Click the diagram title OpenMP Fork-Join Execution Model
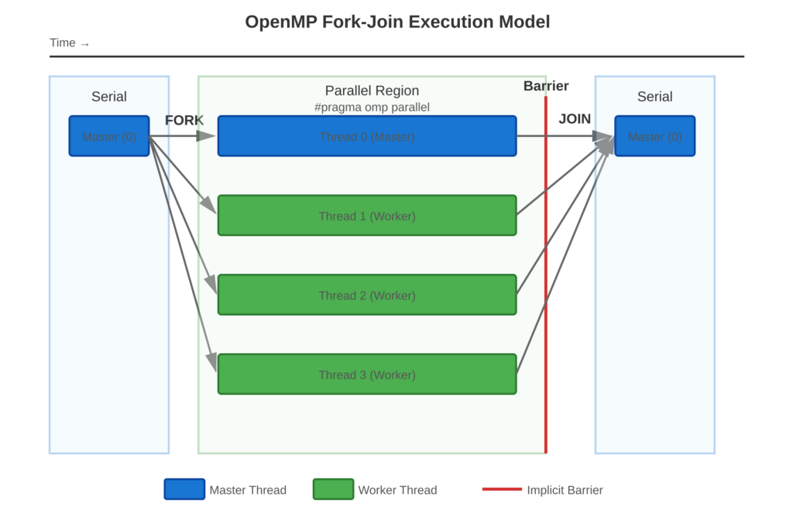pyautogui.click(x=396, y=22)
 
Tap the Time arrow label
pyautogui.click(x=69, y=43)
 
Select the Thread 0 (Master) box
pyautogui.click(x=366, y=136)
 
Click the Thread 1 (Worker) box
pyautogui.click(x=366, y=215)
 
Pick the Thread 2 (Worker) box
pyautogui.click(x=366, y=295)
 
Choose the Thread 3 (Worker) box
pyautogui.click(x=366, y=374)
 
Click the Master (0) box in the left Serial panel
pyautogui.click(x=108, y=136)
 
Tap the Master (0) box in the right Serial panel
pyautogui.click(x=654, y=136)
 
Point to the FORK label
pyautogui.click(x=184, y=120)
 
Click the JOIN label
pyautogui.click(x=575, y=119)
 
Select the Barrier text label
pyautogui.click(x=546, y=86)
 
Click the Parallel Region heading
pyautogui.click(x=372, y=91)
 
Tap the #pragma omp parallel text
pyautogui.click(x=372, y=108)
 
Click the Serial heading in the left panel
pyautogui.click(x=108, y=97)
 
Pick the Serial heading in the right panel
pyautogui.click(x=654, y=97)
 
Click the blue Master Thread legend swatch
pyautogui.click(x=184, y=489)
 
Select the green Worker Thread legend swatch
pyautogui.click(x=333, y=489)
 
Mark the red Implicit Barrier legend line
pyautogui.click(x=502, y=489)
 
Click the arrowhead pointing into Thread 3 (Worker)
pyautogui.click(x=211, y=361)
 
